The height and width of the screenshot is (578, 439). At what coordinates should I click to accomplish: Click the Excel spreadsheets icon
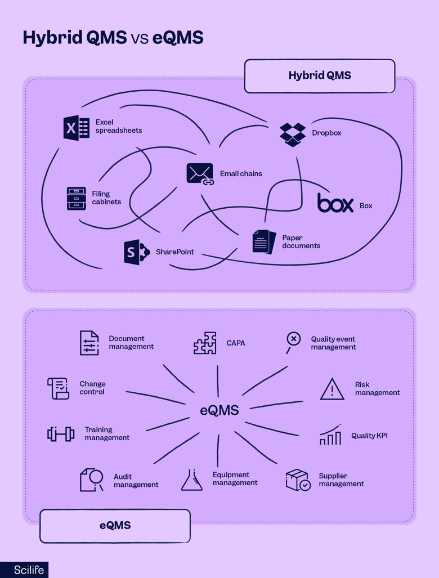[77, 128]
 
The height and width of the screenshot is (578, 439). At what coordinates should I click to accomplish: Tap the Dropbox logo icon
[293, 135]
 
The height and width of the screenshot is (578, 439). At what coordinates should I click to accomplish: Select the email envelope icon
[200, 174]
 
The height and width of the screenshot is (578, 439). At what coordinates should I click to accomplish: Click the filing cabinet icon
[77, 199]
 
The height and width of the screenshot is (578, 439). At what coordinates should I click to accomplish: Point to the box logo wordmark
[335, 203]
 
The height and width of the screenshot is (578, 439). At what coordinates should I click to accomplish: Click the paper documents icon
[264, 242]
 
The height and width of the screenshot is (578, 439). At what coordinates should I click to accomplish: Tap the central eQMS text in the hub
[219, 410]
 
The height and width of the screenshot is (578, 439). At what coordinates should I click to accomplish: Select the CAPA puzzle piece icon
[205, 343]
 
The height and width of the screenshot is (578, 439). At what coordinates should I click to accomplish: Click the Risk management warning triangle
[332, 389]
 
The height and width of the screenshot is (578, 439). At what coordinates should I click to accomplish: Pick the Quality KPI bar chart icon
[330, 435]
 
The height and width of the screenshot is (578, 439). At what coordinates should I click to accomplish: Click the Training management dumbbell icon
[61, 434]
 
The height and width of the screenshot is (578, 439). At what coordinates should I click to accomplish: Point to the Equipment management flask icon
[192, 480]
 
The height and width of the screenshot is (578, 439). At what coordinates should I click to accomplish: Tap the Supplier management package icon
[298, 480]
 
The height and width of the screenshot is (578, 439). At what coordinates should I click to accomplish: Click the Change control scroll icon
[59, 388]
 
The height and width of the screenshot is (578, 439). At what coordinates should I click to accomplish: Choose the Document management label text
[131, 343]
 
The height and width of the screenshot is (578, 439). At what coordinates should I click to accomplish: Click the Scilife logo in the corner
[24, 570]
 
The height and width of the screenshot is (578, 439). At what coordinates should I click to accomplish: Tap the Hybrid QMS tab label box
[320, 76]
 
